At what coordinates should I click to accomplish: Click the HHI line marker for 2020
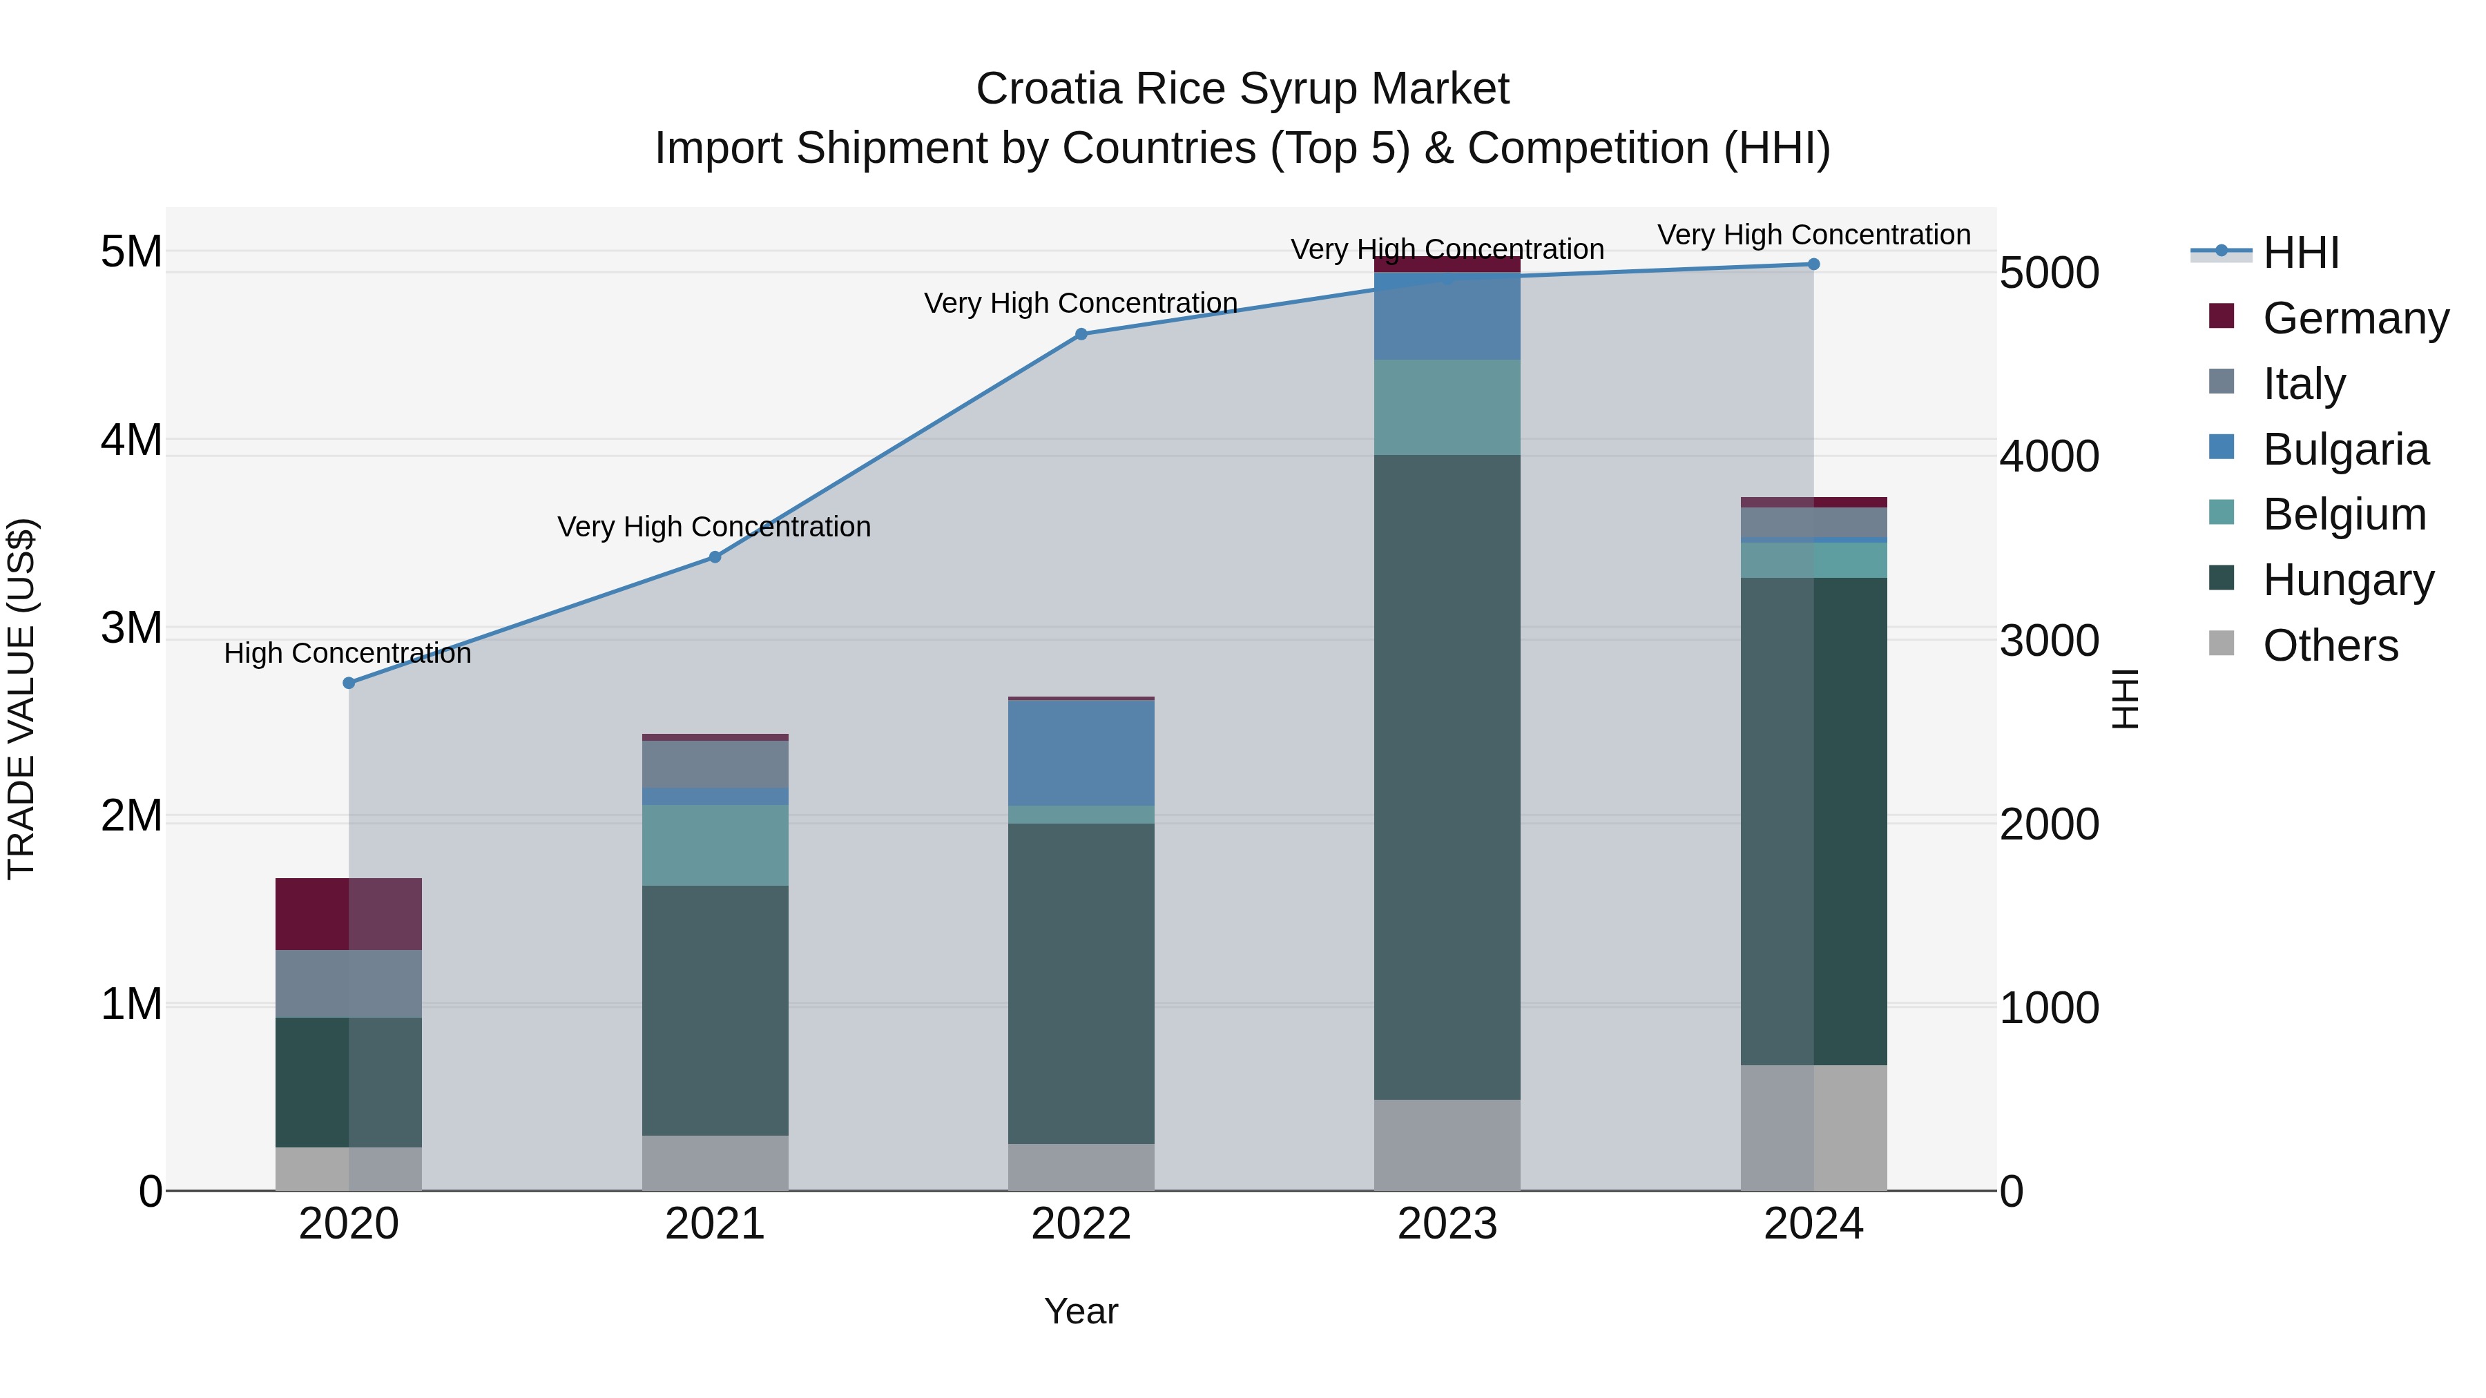[x=349, y=683]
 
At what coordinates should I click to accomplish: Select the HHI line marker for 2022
[x=1081, y=335]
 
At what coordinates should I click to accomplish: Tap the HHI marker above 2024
[x=1813, y=264]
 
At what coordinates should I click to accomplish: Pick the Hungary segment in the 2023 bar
[x=1447, y=777]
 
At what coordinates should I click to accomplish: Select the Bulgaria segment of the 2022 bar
[x=1081, y=753]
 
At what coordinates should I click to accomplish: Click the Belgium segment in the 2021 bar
[x=715, y=845]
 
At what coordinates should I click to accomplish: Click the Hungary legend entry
[x=2347, y=580]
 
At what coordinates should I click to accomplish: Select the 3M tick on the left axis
[x=131, y=628]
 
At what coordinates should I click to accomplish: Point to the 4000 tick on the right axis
[x=2049, y=456]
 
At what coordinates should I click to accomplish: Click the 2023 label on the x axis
[x=1447, y=1224]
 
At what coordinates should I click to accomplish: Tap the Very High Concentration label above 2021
[x=714, y=527]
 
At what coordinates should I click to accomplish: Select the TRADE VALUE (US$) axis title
[x=21, y=699]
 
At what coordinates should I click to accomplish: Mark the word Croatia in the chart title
[x=1049, y=89]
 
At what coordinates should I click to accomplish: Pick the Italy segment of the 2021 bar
[x=715, y=764]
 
